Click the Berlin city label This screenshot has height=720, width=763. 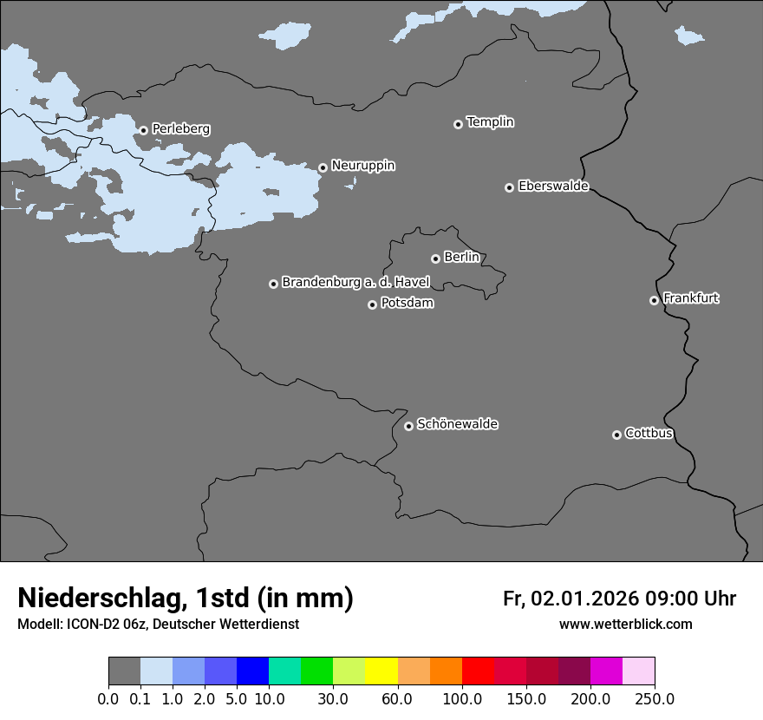(461, 257)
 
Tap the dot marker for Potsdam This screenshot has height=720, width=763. (372, 304)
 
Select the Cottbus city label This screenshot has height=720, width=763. (649, 433)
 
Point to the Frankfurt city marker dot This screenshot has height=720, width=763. (654, 300)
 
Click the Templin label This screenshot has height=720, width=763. (490, 122)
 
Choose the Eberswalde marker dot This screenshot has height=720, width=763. (509, 187)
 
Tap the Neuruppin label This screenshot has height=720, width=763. (362, 165)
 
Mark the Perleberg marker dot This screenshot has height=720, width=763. (143, 131)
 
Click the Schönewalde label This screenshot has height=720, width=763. (457, 424)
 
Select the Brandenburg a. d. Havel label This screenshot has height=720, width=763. (355, 282)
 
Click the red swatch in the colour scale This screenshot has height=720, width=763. (478, 671)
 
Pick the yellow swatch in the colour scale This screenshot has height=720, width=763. (381, 671)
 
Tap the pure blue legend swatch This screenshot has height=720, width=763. (252, 671)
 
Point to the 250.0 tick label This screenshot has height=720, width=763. (655, 698)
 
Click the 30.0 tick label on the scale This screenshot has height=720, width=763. (333, 698)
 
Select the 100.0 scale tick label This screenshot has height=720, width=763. (462, 698)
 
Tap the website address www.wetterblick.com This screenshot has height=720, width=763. (625, 625)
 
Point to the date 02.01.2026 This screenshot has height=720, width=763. (584, 599)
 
